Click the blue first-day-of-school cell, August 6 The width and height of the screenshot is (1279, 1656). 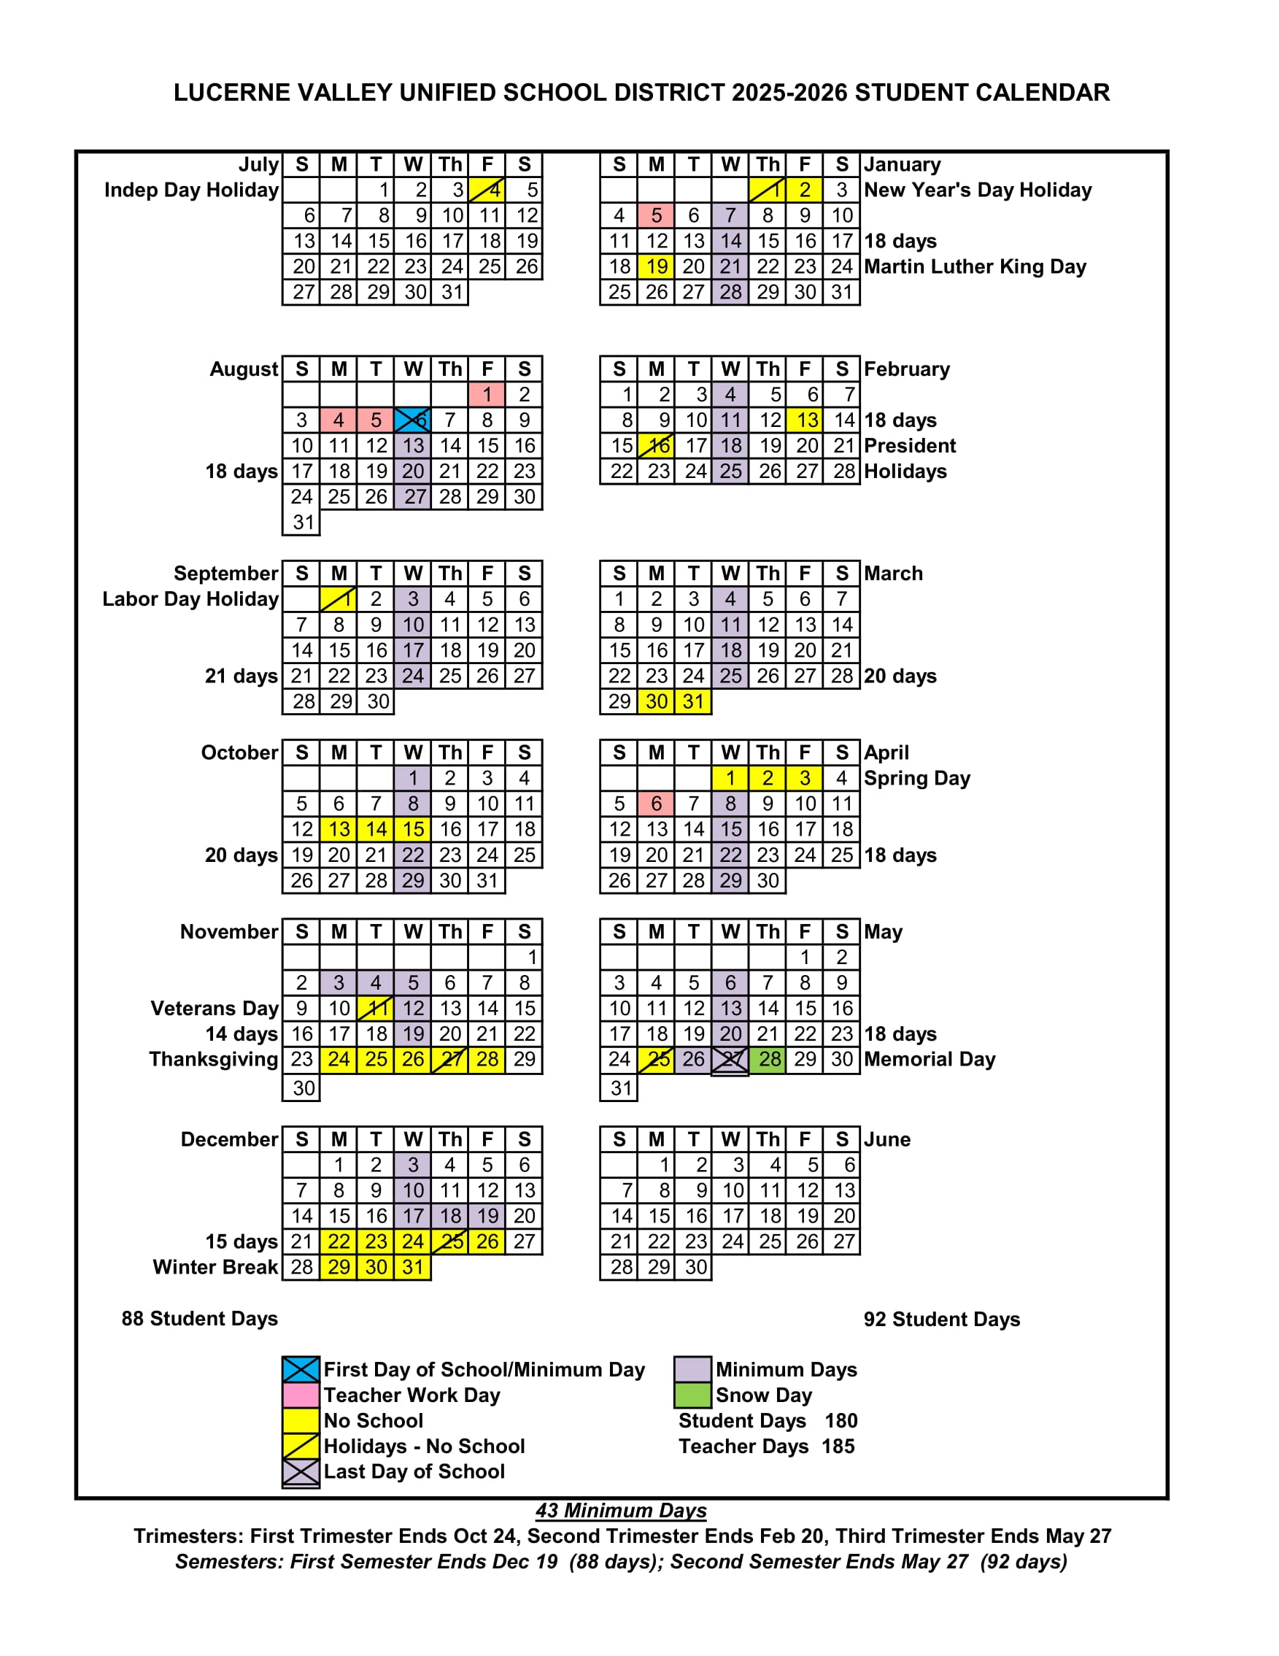point(412,420)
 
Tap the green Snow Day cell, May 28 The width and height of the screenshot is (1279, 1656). point(768,1059)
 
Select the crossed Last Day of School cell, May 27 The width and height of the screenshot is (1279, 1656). point(730,1059)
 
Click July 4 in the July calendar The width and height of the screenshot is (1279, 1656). point(487,190)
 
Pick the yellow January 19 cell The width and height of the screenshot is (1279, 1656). point(656,266)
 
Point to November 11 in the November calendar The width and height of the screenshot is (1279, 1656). point(375,1009)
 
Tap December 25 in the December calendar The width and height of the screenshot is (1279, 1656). point(449,1241)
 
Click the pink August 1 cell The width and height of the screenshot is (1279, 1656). point(487,394)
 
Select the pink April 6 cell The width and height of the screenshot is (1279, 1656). point(656,804)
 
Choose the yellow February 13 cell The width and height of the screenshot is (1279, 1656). point(805,420)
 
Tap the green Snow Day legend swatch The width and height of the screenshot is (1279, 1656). point(692,1395)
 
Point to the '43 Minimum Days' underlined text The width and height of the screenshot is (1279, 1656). point(621,1511)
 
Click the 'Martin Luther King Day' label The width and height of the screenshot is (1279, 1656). point(975,267)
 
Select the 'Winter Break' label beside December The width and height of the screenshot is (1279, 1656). point(215,1267)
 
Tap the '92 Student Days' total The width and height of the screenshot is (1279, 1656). point(942,1320)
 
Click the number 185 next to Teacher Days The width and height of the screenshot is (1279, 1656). point(838,1446)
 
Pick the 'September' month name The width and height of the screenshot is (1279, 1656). point(226,573)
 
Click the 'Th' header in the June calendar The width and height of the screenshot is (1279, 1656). point(768,1139)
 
